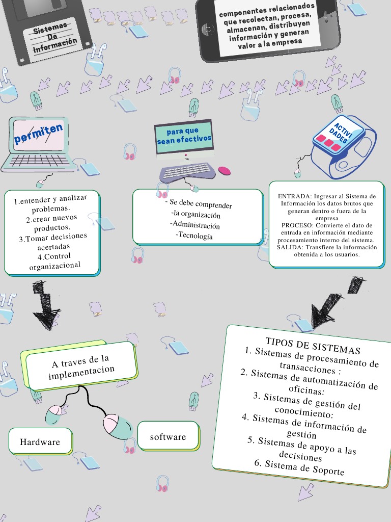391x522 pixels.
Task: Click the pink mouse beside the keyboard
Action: pos(224,170)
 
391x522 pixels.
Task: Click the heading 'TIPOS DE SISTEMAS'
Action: pos(313,346)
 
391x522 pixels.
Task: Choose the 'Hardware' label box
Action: pos(40,441)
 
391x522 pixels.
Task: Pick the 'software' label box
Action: pos(168,436)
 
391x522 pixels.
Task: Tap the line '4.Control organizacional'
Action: pos(54,260)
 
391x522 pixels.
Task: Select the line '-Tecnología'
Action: pos(194,236)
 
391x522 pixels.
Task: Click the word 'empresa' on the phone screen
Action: pos(288,42)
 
